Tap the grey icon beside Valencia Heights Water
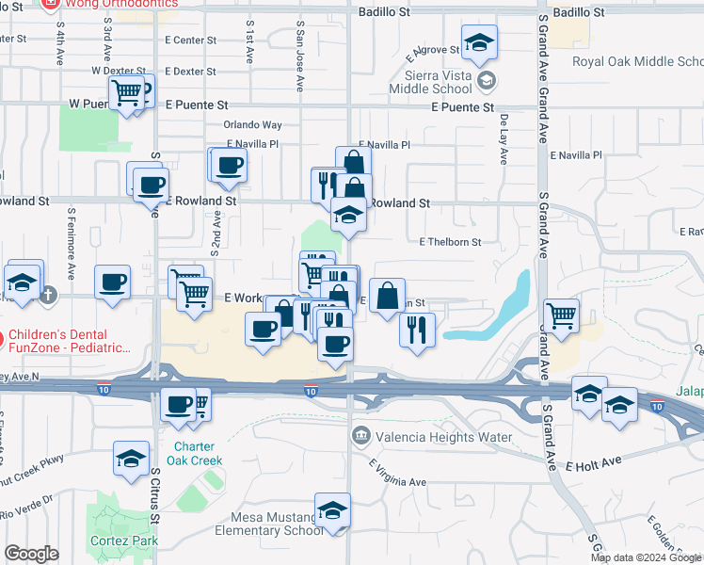[x=360, y=436]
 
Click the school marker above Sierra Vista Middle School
[x=479, y=43]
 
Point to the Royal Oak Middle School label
[x=637, y=62]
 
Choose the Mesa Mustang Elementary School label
[x=274, y=524]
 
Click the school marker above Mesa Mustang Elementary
[x=332, y=511]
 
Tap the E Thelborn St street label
[x=450, y=242]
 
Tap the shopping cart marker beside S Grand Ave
[x=562, y=316]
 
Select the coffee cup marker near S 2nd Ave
[x=229, y=167]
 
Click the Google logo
[x=31, y=555]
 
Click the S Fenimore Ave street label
[x=71, y=256]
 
